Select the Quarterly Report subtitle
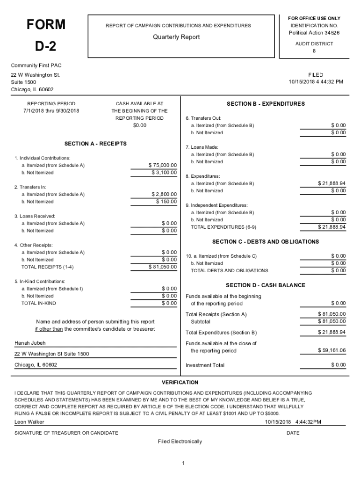click(176, 37)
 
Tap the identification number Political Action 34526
click(314, 33)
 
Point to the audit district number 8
click(314, 51)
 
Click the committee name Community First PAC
click(33, 65)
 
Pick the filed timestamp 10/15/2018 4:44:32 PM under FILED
click(316, 82)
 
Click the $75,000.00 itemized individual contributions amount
click(163, 165)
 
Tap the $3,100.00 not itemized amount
click(164, 173)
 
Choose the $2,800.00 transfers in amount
click(164, 194)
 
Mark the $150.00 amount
click(166, 202)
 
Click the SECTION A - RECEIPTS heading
click(95, 144)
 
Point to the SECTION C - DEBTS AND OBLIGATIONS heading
click(265, 242)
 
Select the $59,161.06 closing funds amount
click(331, 350)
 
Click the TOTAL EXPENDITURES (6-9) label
click(223, 227)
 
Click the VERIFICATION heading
click(180, 383)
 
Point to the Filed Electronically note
click(180, 442)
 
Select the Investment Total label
click(205, 365)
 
